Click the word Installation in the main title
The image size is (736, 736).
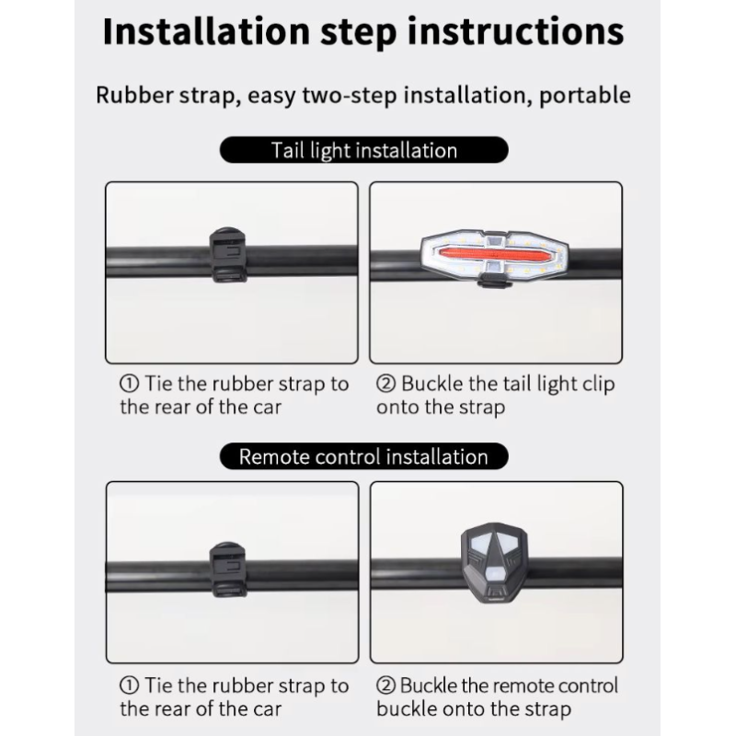pyautogui.click(x=206, y=31)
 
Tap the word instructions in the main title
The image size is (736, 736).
pyautogui.click(x=515, y=31)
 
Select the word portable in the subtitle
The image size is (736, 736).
pyautogui.click(x=585, y=96)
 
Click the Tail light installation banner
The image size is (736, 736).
pyautogui.click(x=363, y=150)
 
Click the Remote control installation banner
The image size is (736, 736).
pyautogui.click(x=363, y=456)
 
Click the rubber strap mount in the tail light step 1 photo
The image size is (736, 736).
pyautogui.click(x=227, y=255)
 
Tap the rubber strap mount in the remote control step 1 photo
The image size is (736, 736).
pyautogui.click(x=227, y=569)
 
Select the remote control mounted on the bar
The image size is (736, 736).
pyautogui.click(x=494, y=562)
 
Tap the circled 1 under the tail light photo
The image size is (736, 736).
pyautogui.click(x=129, y=384)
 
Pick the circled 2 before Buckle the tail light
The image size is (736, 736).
pyautogui.click(x=385, y=384)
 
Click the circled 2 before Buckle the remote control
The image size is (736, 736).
pyautogui.click(x=385, y=685)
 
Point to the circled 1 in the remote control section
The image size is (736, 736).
pyautogui.click(x=129, y=685)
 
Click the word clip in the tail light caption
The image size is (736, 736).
pyautogui.click(x=599, y=385)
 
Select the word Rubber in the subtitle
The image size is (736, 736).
pyautogui.click(x=134, y=95)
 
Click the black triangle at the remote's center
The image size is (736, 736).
pyautogui.click(x=494, y=550)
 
